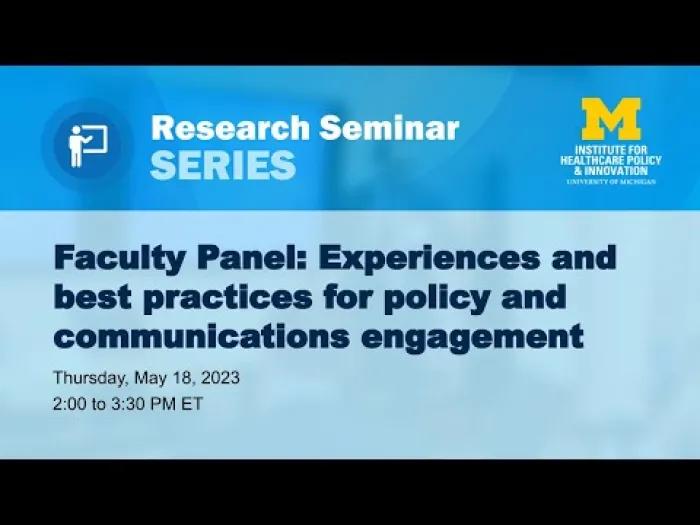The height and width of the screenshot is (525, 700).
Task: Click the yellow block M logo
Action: click(x=611, y=119)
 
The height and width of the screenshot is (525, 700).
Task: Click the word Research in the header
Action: click(x=230, y=128)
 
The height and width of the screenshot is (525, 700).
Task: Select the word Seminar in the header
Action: click(x=389, y=128)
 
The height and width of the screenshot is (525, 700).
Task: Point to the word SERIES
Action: click(x=223, y=165)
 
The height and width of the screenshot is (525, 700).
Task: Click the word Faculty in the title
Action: click(x=119, y=259)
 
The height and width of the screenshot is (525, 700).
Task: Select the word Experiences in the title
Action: click(x=429, y=259)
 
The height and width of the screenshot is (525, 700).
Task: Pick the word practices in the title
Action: click(x=228, y=298)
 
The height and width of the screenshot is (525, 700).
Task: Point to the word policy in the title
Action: click(x=436, y=298)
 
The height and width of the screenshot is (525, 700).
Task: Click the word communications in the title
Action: click(x=201, y=336)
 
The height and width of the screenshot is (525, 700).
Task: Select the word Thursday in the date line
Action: click(x=92, y=378)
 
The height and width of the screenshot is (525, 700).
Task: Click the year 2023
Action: click(x=220, y=378)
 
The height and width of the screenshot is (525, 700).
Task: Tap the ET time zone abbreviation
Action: click(x=192, y=404)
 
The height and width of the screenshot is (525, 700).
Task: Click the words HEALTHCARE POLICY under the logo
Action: click(x=611, y=160)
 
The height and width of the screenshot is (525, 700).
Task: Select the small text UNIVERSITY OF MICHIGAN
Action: click(x=611, y=182)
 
